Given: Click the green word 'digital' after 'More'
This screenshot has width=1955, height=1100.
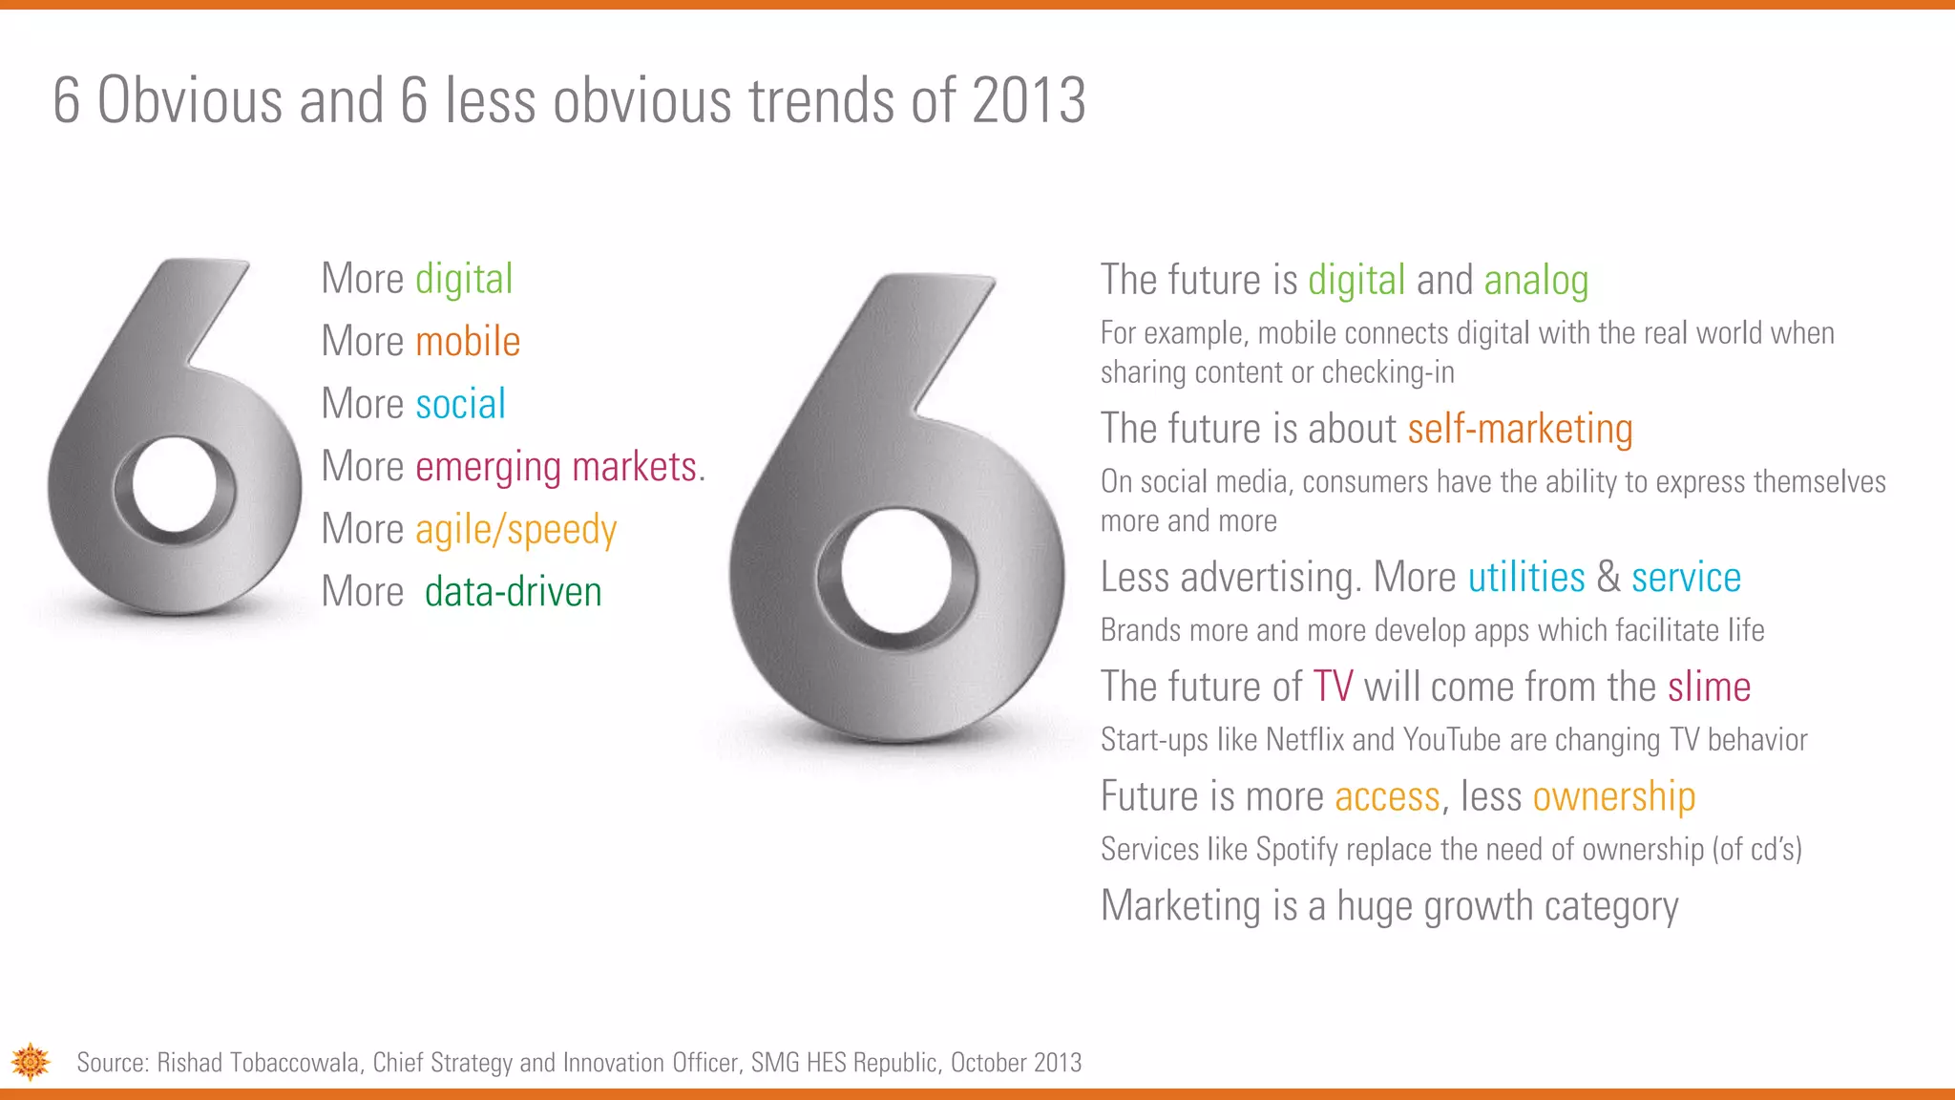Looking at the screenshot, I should [x=464, y=280].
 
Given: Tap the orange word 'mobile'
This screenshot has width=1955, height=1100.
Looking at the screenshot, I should [x=468, y=342].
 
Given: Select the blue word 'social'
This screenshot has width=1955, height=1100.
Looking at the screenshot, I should [x=461, y=404].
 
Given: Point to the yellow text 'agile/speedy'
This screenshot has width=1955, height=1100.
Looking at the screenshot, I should [x=516, y=530].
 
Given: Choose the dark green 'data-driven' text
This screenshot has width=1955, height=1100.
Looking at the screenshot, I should [x=513, y=592].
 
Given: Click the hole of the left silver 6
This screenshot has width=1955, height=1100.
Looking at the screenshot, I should [x=175, y=484].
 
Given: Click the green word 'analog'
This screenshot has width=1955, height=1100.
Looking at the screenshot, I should [x=1536, y=281].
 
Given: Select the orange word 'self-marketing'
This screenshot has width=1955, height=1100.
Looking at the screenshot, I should [x=1520, y=429].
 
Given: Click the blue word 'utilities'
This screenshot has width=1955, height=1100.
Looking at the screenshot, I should [x=1525, y=578].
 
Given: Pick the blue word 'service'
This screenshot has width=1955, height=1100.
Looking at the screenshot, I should [x=1686, y=578].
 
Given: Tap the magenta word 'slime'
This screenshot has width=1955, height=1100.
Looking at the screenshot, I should [x=1709, y=687].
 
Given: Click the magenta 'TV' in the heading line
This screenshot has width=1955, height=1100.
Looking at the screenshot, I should [x=1333, y=687].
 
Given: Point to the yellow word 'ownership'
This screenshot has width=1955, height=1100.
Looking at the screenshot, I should [x=1613, y=796].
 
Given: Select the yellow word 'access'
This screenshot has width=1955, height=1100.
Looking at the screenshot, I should [x=1387, y=796].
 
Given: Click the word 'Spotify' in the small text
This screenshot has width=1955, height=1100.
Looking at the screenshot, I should [x=1295, y=849].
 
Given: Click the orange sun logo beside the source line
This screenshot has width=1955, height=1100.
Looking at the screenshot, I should [x=31, y=1062].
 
